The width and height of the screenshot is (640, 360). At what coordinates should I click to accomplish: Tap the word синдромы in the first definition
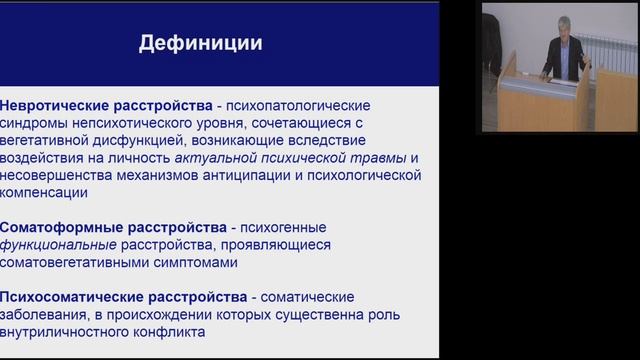(36, 123)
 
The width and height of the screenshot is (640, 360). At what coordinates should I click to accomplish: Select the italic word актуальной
(212, 159)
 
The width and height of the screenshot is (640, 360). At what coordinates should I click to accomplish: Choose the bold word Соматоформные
(54, 227)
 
